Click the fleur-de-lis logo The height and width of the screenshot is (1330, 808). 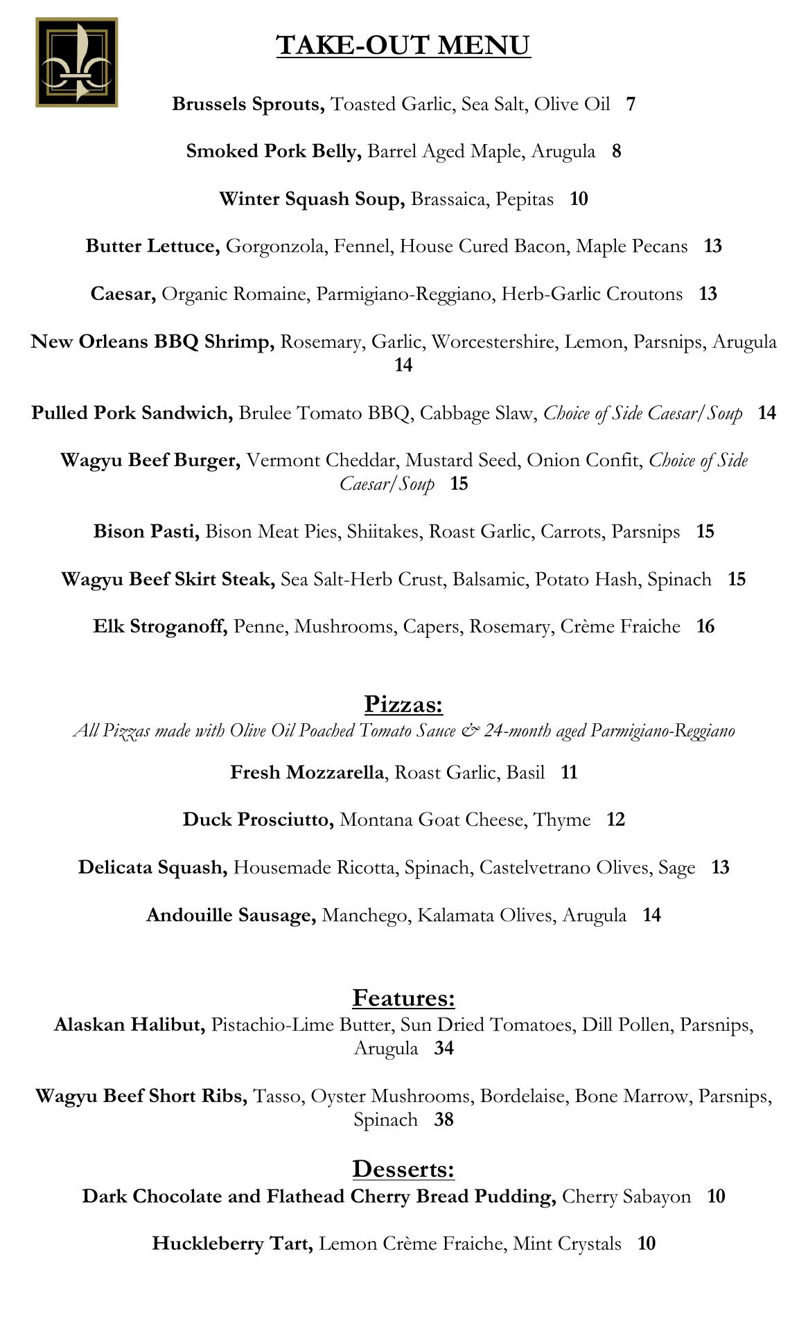tap(76, 62)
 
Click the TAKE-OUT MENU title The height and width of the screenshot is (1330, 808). tap(403, 45)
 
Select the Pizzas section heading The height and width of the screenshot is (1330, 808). tap(403, 704)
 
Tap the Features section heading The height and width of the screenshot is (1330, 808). tap(403, 997)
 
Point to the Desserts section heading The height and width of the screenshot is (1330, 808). tap(403, 1169)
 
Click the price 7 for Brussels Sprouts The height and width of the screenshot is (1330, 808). tap(631, 104)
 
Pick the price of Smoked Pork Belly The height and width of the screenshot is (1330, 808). tap(616, 151)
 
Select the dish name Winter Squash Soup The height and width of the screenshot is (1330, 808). tap(312, 199)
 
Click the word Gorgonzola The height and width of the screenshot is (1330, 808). tap(276, 246)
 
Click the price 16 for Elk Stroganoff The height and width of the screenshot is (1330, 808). tap(705, 626)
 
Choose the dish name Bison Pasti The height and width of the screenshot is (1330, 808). tap(147, 531)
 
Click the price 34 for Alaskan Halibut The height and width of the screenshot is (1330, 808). tap(443, 1048)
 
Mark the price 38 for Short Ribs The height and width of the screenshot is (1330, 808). tap(443, 1119)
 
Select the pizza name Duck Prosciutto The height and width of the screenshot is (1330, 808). tap(258, 819)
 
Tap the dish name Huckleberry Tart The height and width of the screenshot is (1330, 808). tap(232, 1243)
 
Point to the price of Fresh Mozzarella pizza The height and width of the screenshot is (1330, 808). tap(569, 772)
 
